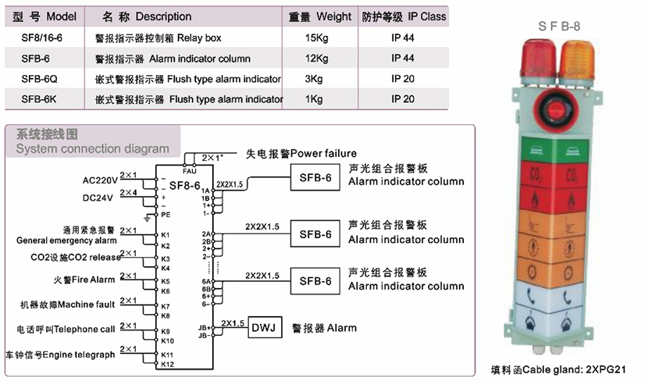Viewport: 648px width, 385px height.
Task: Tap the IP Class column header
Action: click(x=404, y=16)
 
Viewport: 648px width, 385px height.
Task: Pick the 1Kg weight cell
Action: click(x=314, y=99)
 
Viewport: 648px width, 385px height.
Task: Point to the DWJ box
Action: click(x=263, y=328)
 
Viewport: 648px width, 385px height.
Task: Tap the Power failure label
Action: click(x=301, y=153)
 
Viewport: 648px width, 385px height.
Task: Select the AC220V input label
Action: click(x=100, y=180)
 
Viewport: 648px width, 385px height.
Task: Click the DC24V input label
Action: click(x=98, y=198)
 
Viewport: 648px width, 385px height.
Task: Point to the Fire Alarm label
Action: click(x=84, y=280)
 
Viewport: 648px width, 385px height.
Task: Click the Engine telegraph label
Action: click(x=60, y=355)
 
